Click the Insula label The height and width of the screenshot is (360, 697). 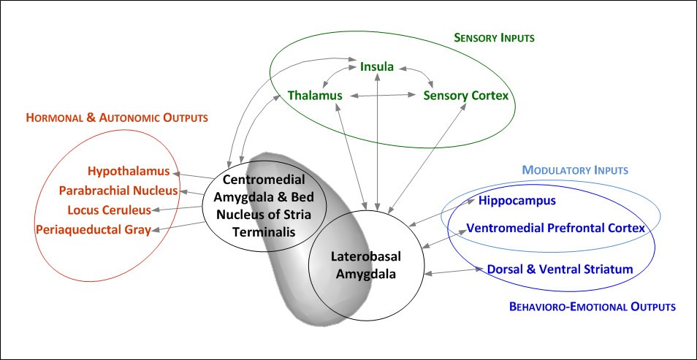coord(377,67)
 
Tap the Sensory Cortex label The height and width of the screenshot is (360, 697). coord(465,96)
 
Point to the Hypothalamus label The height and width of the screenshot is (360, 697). coord(129,172)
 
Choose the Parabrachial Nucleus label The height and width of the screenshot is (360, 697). coord(118,191)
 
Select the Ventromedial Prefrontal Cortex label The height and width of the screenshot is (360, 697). coord(555,228)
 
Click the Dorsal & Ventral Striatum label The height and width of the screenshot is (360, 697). coord(559,269)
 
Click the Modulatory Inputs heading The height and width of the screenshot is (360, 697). coord(575,170)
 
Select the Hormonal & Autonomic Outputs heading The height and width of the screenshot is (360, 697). coord(117,117)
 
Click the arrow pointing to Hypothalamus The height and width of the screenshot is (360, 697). coord(193,175)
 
